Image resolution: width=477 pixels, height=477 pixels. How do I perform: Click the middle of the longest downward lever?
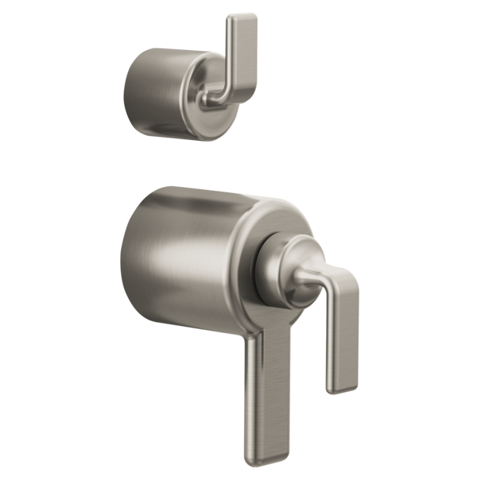pos(270,390)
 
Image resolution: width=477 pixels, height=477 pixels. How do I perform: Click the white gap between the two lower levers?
pos(306,374)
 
